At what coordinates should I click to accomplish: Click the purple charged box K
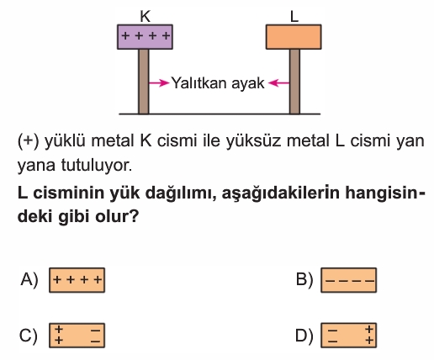145,37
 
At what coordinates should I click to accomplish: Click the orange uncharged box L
294,37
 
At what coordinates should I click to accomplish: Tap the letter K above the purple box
146,17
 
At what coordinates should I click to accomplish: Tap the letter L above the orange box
294,17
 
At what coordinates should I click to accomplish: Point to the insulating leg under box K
144,82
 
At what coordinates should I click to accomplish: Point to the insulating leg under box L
294,82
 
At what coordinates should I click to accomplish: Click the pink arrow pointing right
159,82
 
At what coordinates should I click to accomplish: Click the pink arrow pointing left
278,82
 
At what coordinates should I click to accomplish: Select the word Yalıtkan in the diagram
199,82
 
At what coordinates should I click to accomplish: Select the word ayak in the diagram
248,84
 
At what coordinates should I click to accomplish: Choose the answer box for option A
77,280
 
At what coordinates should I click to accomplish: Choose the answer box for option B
349,280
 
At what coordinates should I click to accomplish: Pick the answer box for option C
77,336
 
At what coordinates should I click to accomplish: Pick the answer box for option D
349,336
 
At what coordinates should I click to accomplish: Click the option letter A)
29,280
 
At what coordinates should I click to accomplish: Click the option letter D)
304,336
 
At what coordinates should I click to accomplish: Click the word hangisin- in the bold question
385,193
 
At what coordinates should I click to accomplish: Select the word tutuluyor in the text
96,166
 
